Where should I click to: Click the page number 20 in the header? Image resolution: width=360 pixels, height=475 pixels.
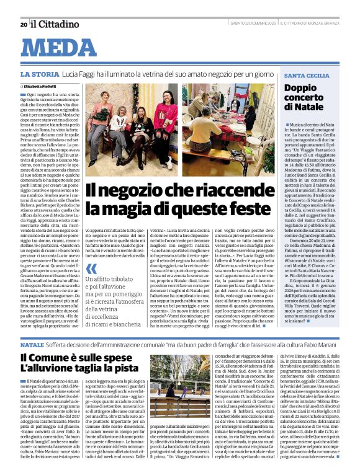pos(24,24)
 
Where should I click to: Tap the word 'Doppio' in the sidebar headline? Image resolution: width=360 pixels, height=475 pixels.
pos(300,88)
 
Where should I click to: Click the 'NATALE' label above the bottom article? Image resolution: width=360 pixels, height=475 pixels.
pos(32,344)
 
